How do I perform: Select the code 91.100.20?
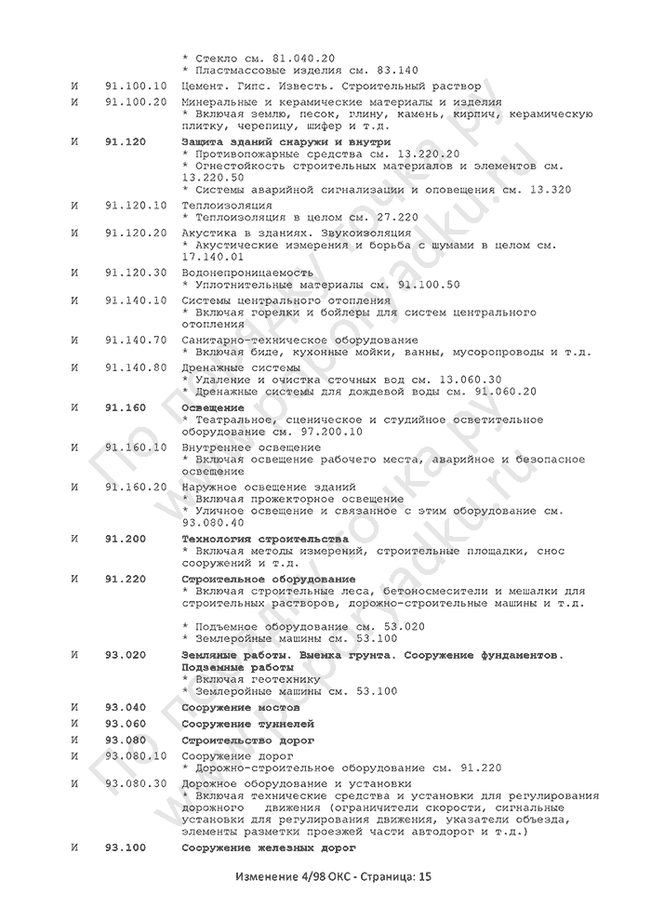click(136, 101)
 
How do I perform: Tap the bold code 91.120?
click(126, 140)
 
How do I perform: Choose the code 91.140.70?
click(136, 340)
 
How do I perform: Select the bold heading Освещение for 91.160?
click(213, 407)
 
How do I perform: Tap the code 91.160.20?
click(136, 487)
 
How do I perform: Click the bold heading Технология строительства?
click(265, 539)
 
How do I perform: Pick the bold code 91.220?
click(126, 579)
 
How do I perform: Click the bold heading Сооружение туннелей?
click(247, 723)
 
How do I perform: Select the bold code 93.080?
click(126, 741)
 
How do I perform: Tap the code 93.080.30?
click(136, 783)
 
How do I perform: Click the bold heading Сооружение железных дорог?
click(269, 849)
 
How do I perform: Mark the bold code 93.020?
click(126, 655)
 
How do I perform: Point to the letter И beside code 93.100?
click(73, 849)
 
